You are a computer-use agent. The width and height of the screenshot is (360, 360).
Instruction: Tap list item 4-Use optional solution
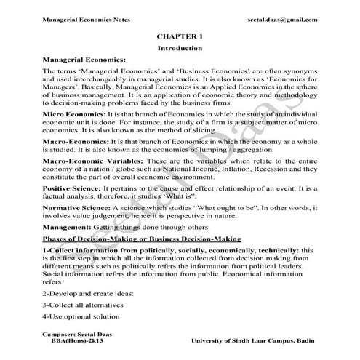click(79, 316)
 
